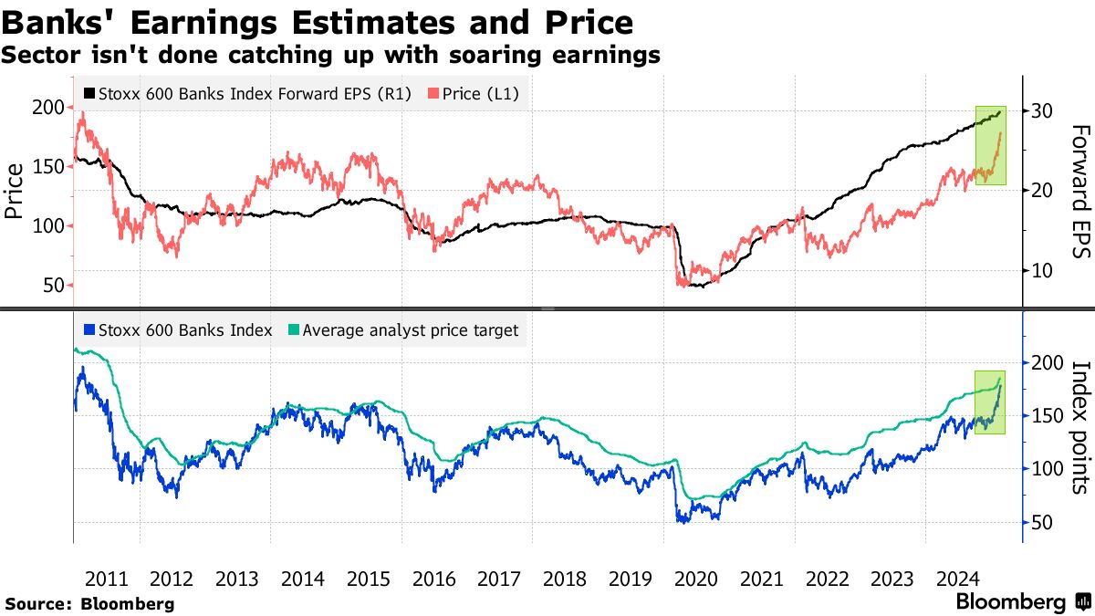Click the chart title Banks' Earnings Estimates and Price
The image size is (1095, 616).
click(317, 22)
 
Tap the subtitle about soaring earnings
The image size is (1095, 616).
click(330, 55)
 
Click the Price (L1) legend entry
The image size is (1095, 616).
click(474, 93)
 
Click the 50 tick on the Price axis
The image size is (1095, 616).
click(53, 285)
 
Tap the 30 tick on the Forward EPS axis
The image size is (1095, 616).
click(1043, 110)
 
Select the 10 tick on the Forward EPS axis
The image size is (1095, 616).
click(1043, 270)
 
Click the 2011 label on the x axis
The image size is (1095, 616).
click(106, 578)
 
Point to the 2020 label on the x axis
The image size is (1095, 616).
click(695, 578)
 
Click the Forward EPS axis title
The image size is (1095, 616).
click(1079, 192)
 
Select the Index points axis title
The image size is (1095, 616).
click(1079, 427)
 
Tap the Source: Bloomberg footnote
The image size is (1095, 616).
click(89, 603)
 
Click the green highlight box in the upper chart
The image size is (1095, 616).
click(991, 145)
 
